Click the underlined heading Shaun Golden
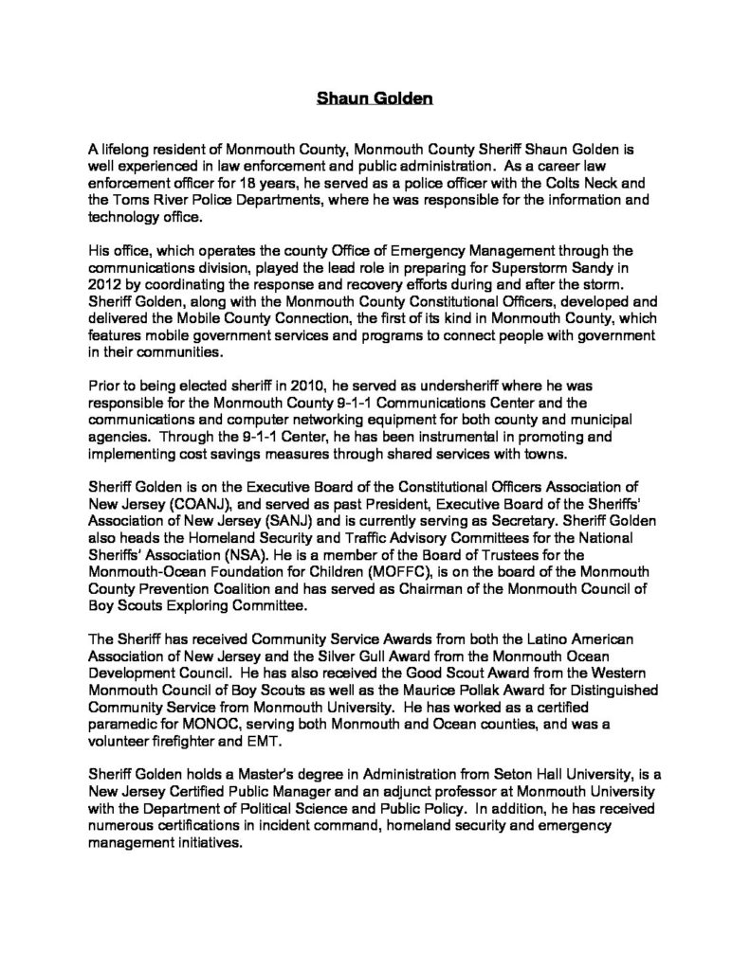click(375, 97)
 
